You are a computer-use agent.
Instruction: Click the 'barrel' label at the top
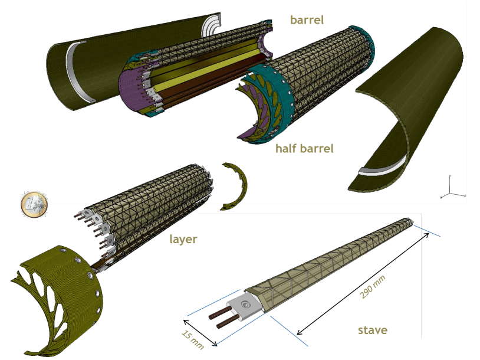click(x=307, y=19)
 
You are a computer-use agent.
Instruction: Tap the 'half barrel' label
click(x=304, y=148)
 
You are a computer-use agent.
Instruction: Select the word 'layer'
click(x=183, y=239)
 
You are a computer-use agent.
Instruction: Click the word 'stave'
click(x=373, y=329)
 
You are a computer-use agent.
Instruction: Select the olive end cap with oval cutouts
click(x=56, y=295)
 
